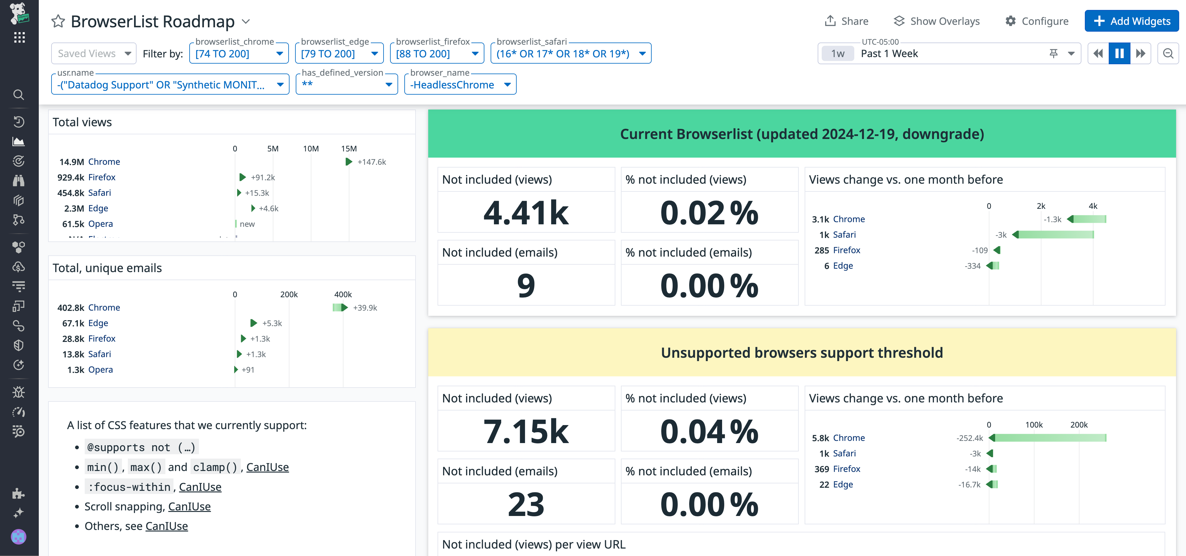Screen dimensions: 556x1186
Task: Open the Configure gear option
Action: point(1037,21)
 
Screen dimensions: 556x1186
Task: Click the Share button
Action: point(846,21)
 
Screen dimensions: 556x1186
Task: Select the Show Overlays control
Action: point(937,21)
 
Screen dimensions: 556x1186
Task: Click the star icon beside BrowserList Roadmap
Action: point(58,21)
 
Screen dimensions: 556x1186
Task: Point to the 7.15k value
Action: point(526,431)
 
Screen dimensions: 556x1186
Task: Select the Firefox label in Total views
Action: point(102,177)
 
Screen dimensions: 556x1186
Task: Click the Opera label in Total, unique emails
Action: point(100,370)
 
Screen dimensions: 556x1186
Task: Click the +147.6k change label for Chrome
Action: point(371,162)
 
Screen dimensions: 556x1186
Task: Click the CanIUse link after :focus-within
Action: point(200,487)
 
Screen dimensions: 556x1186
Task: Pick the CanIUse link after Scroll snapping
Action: point(189,506)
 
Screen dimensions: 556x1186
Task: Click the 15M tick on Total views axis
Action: point(348,149)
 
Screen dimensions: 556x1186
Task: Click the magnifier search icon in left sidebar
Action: point(18,95)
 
